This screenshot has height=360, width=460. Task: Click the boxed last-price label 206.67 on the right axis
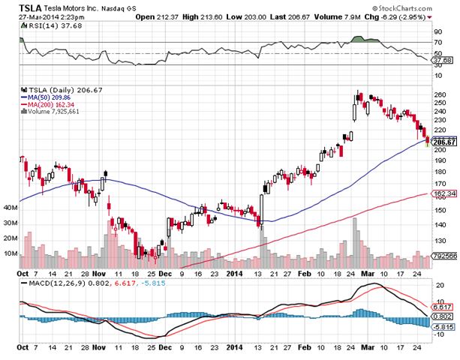(444, 142)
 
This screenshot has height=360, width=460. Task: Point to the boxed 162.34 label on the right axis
(445, 194)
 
